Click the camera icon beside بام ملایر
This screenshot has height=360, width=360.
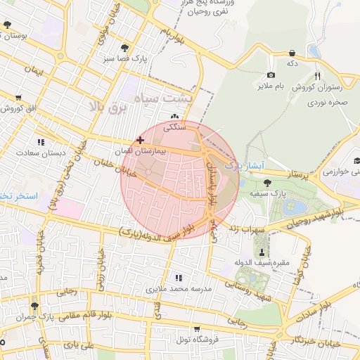tap(271, 75)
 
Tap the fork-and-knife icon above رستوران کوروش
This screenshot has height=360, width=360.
tap(317, 76)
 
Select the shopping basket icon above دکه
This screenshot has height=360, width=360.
tap(292, 53)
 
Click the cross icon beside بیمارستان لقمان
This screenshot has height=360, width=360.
tap(141, 140)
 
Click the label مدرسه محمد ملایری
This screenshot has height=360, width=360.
tap(179, 289)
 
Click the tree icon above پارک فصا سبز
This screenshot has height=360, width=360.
tap(125, 48)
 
